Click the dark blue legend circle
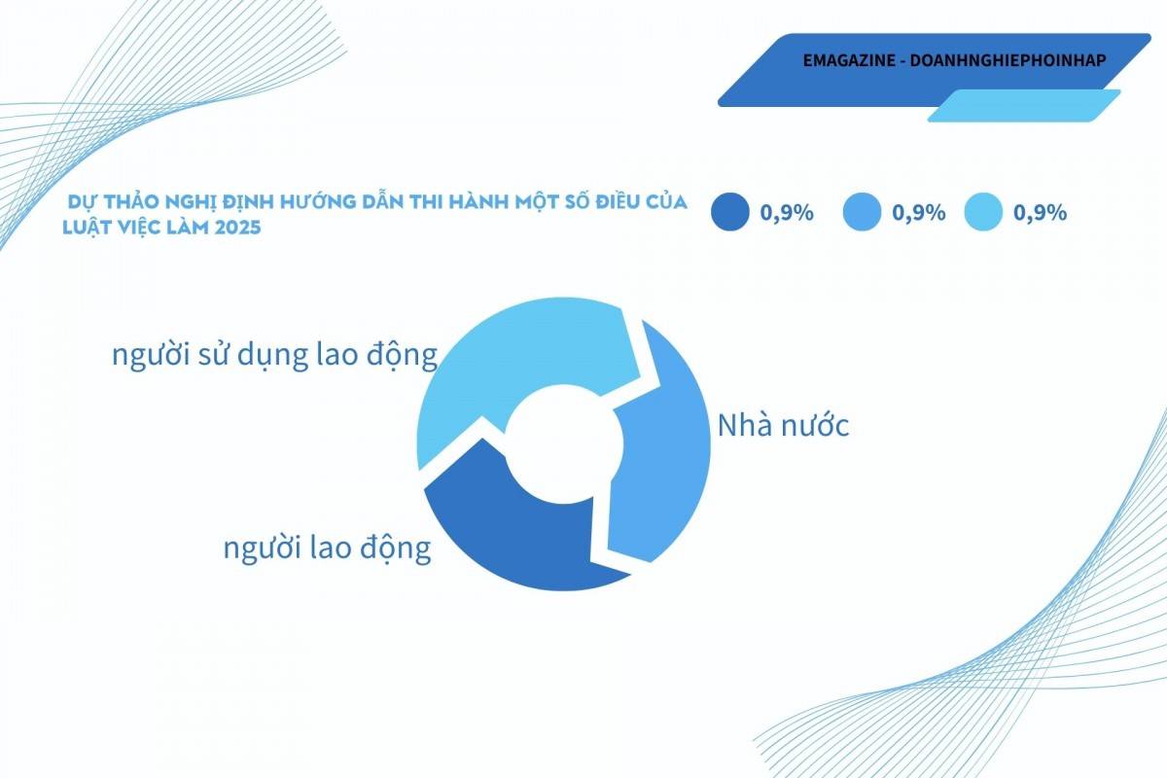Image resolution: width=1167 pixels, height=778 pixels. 730,212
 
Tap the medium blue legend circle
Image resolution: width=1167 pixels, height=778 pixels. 862,212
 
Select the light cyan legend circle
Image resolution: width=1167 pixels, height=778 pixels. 983,212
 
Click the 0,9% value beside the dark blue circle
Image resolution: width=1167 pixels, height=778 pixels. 787,213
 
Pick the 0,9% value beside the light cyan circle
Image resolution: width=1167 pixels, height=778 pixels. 1040,213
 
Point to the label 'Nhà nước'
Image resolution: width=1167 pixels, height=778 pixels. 783,425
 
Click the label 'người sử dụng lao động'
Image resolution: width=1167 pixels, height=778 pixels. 274,355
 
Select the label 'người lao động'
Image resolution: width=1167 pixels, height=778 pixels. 327,548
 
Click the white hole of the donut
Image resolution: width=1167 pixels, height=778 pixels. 564,444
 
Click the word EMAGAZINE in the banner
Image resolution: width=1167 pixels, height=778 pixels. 849,60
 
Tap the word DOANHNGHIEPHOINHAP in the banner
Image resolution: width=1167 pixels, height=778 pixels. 1008,60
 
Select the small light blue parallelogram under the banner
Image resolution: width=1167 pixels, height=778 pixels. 1024,106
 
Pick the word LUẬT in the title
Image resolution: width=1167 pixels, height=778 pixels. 85,229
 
